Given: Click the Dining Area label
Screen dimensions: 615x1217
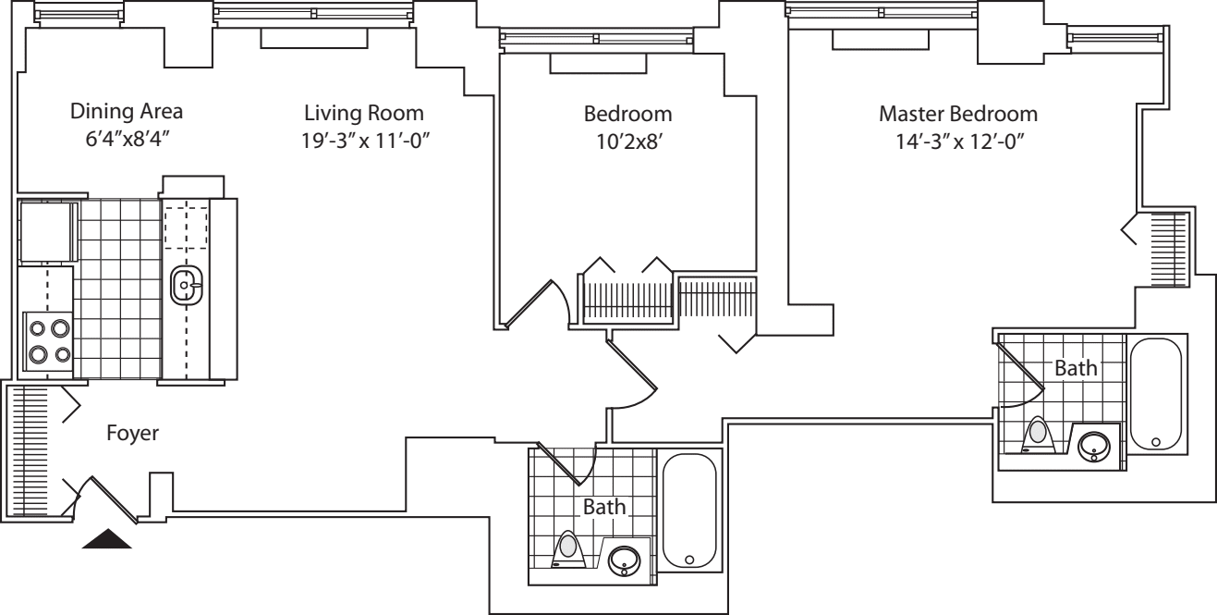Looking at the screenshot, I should [x=127, y=112].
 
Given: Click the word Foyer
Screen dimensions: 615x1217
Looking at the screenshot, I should [x=132, y=433].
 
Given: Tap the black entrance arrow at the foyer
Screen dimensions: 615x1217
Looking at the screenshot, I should [x=107, y=539].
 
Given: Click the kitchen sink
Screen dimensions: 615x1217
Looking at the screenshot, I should [x=186, y=286].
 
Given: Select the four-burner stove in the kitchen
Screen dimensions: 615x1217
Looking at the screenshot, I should [x=47, y=340].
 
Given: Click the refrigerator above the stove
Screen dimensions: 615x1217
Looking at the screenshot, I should [x=45, y=231].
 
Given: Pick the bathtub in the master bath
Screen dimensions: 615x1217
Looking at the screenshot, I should [x=1155, y=395].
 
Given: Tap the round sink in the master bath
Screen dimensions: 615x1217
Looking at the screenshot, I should [x=1096, y=444].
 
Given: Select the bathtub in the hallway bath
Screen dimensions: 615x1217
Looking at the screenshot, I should [x=689, y=511].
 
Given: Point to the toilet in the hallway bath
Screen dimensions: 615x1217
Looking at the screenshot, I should [x=568, y=549].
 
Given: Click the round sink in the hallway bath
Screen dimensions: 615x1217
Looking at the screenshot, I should [x=626, y=560].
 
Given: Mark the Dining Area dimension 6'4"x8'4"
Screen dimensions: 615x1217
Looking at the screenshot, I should [x=127, y=141].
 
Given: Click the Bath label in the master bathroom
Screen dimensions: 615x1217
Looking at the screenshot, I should [x=1076, y=368].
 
